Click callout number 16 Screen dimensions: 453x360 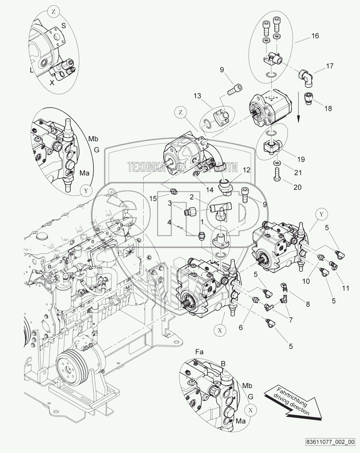[x=315, y=36]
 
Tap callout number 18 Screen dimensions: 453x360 [x=328, y=109]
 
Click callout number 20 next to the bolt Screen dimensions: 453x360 [x=297, y=187]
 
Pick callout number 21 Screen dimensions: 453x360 [x=297, y=173]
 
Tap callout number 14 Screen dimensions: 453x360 [x=210, y=189]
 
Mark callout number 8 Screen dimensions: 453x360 [x=308, y=304]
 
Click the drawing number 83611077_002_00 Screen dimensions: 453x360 [x=329, y=441]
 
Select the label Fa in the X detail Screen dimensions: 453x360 [x=200, y=352]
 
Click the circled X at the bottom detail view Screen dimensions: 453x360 [x=251, y=410]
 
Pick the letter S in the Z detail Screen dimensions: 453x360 [x=64, y=25]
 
